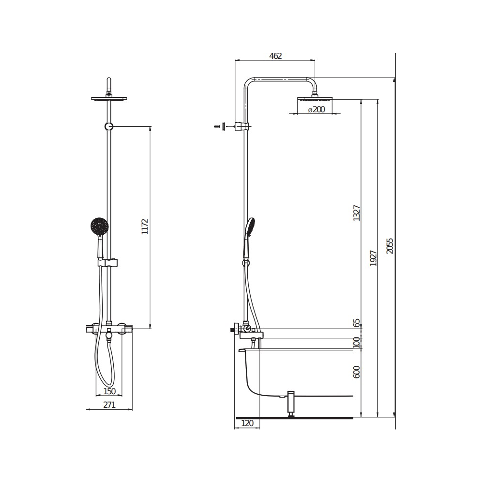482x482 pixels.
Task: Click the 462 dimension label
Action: [275, 56]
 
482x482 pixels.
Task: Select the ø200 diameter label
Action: [316, 109]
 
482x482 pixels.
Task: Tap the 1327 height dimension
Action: [357, 213]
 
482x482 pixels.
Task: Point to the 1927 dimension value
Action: [374, 258]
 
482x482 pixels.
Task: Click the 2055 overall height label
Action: [390, 245]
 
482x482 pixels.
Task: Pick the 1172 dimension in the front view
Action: [145, 227]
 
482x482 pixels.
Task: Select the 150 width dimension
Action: [109, 391]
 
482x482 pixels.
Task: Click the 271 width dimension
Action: [109, 405]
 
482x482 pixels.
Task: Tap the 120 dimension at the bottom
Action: [247, 423]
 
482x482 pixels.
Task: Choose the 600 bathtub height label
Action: [357, 372]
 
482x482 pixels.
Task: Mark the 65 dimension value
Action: [357, 323]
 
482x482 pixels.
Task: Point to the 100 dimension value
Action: [357, 343]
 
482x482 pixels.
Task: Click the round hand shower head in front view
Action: [99, 226]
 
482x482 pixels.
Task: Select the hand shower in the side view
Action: [250, 227]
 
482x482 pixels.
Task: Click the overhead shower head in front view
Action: [109, 98]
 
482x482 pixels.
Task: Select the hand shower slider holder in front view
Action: [109, 263]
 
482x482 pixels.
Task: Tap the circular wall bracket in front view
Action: [109, 127]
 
